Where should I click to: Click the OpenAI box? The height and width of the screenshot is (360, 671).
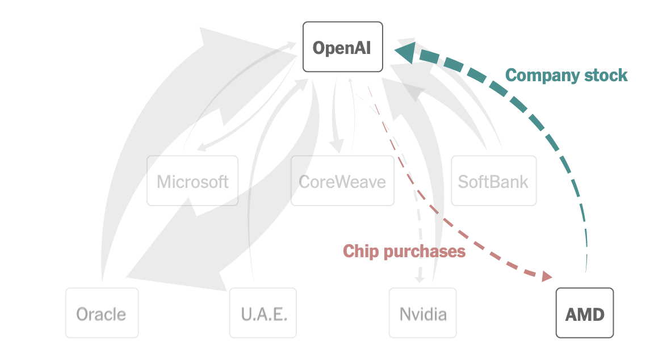click(342, 47)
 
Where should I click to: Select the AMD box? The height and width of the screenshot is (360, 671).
click(585, 313)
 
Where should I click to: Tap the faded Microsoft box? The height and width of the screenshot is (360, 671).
click(192, 181)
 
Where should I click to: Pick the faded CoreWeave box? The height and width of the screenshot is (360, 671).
click(342, 181)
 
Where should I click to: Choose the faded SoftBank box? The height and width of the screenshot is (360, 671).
click(493, 181)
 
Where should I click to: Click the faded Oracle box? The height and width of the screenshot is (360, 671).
click(102, 313)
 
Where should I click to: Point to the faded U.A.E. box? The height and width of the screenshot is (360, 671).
click(263, 313)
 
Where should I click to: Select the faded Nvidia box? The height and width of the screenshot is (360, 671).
click(423, 313)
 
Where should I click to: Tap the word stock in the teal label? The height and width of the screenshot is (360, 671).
click(609, 75)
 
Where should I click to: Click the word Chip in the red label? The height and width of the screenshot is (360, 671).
click(361, 251)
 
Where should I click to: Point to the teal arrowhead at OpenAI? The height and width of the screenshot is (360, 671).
click(405, 52)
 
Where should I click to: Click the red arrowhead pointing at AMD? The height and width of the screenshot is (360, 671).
click(546, 277)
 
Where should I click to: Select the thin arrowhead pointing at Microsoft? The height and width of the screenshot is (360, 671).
click(200, 149)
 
